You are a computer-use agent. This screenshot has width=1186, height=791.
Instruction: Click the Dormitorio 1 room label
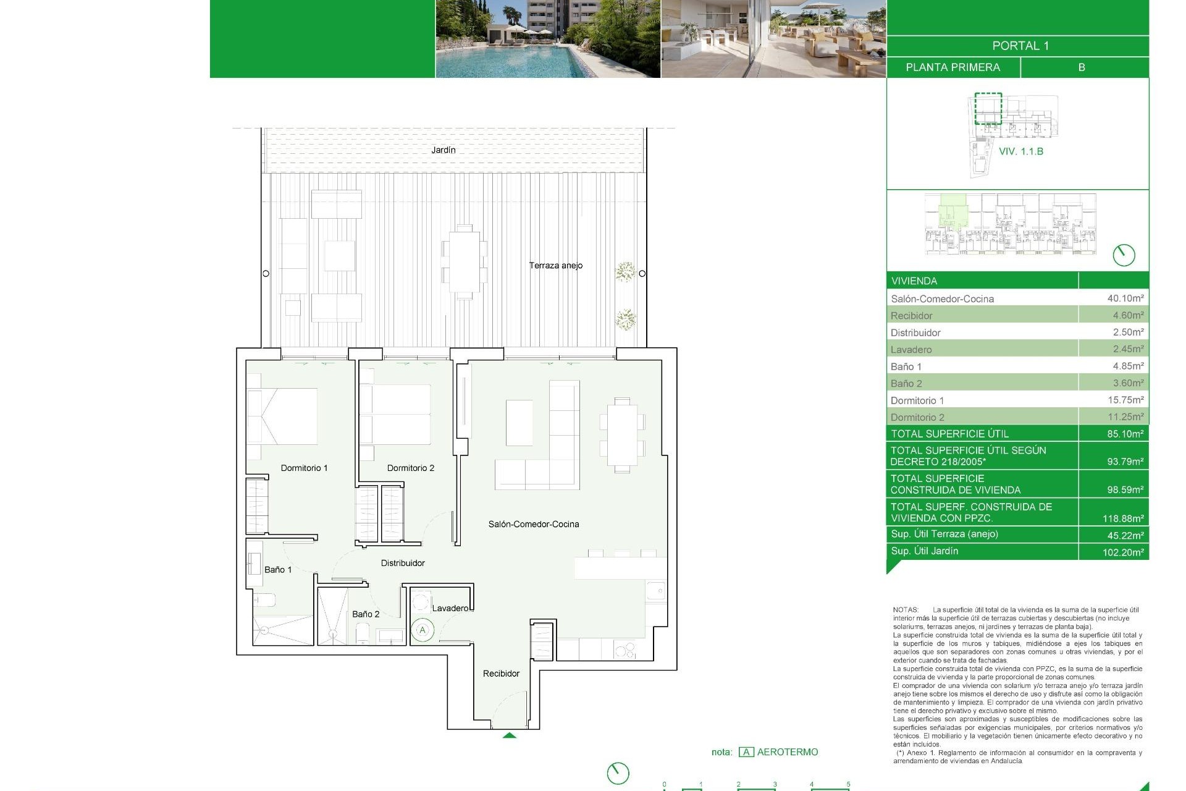pos(304,468)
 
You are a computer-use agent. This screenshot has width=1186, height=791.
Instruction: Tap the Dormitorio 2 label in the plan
pos(410,468)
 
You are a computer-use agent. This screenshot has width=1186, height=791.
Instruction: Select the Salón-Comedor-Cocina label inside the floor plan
pos(534,524)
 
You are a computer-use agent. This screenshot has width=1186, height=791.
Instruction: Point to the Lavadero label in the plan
pos(450,608)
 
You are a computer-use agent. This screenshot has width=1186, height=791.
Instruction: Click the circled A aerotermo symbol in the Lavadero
pos(423,630)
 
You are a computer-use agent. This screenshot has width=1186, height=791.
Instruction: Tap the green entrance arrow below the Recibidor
pos(509,735)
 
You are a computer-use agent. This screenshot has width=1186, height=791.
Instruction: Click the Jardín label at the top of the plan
pos(443,150)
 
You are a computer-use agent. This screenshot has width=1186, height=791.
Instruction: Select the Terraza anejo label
pos(555,265)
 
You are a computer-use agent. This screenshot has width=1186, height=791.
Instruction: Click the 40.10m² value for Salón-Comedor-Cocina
pos(1125,298)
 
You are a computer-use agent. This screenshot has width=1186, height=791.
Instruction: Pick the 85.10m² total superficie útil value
pos(1125,434)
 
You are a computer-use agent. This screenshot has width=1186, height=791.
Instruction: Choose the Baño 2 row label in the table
pos(906,383)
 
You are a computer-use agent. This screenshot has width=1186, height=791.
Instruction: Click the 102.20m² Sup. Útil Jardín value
pos(1122,552)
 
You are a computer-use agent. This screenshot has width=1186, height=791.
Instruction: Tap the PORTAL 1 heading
pos(1020,46)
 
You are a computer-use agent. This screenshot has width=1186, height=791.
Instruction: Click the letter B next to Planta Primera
pos(1081,67)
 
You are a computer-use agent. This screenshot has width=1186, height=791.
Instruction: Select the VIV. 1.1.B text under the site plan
pos(1020,151)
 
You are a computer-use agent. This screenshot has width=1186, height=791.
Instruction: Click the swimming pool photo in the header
pos(548,38)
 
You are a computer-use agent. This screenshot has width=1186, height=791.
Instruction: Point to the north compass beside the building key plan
pos(1124,255)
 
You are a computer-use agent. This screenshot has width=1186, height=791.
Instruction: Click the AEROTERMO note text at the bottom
pos(787,752)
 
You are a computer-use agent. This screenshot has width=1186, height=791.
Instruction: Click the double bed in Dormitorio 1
pos(282,416)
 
